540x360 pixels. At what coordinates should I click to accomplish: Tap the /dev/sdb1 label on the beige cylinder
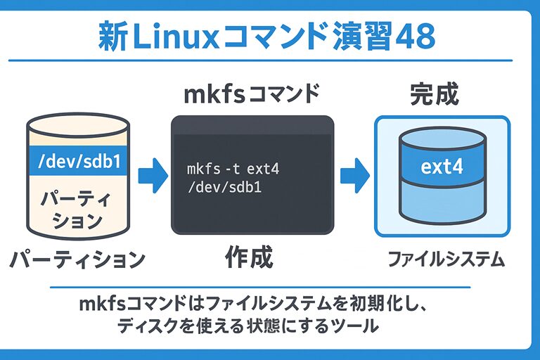coord(78,162)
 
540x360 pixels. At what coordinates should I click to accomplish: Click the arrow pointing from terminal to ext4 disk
coord(355,174)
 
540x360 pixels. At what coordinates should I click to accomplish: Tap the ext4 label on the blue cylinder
coord(442,168)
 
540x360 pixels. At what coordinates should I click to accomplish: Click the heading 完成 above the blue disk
coord(435,95)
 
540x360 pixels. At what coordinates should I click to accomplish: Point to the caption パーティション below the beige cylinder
coord(77,259)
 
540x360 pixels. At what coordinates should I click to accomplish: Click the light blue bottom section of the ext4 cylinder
coord(442,205)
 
